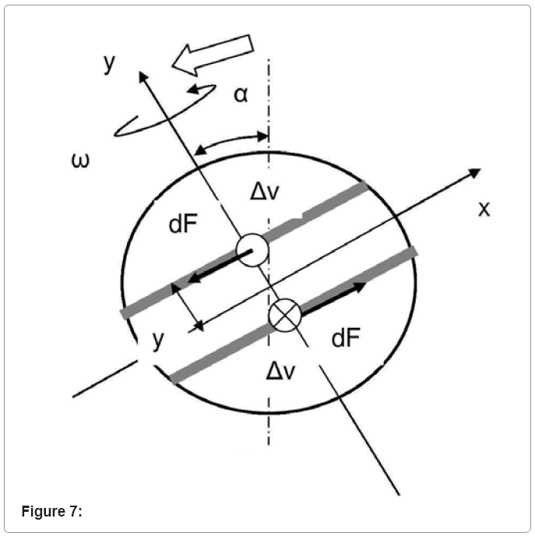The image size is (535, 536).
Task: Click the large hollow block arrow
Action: coord(214,55)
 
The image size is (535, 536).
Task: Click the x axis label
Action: coord(484,208)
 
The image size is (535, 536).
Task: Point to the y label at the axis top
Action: coord(110,62)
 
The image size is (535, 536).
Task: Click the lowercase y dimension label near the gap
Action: coord(157,340)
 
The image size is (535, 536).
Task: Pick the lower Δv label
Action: coord(280,370)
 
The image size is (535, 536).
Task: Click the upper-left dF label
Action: coord(185,225)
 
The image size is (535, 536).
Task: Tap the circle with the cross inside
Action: coord(284,316)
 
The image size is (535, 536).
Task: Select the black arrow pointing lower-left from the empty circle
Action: coord(214,267)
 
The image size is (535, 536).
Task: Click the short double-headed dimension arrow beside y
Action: coord(187,307)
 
